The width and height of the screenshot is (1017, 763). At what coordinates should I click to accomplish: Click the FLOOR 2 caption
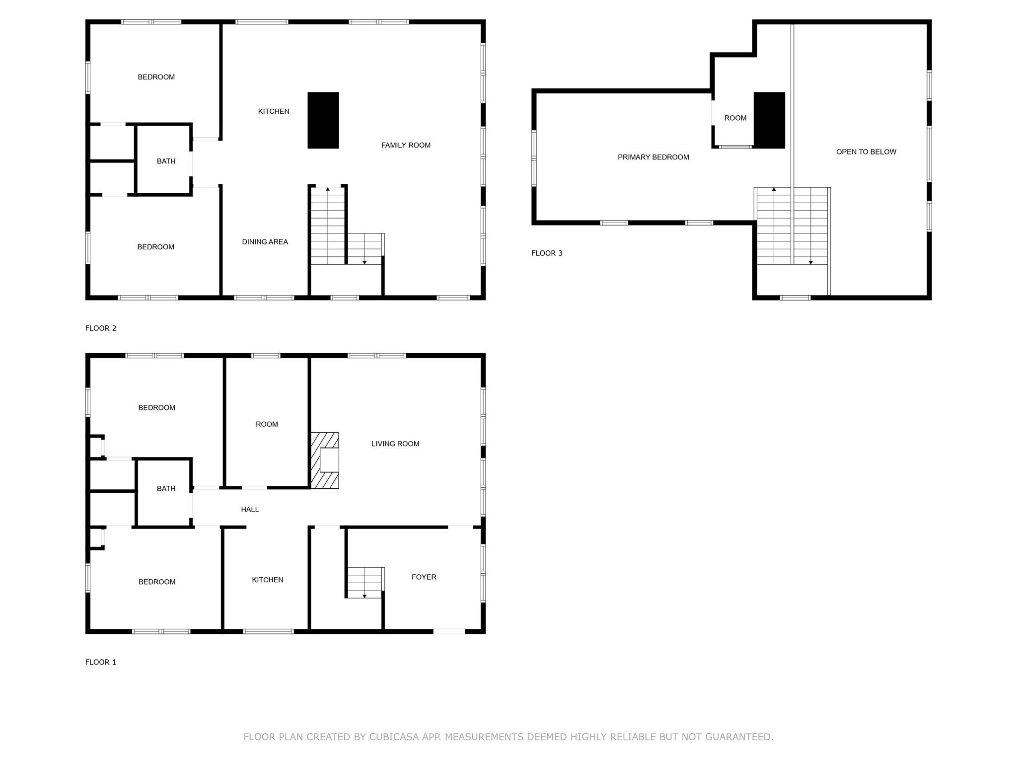101,328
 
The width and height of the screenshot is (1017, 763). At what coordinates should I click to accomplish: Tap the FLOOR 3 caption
547,253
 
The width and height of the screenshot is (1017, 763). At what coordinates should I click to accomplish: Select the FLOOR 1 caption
101,662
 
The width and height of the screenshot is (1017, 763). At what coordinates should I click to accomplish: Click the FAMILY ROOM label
406,145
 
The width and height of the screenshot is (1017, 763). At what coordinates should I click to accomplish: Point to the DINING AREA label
265,242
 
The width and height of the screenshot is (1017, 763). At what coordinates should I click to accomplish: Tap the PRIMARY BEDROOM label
653,157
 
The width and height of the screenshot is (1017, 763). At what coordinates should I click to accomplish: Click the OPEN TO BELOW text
866,152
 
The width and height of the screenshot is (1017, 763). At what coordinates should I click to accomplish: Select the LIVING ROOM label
395,444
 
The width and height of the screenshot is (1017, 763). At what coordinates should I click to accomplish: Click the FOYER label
424,577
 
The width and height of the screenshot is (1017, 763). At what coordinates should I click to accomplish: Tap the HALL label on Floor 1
250,509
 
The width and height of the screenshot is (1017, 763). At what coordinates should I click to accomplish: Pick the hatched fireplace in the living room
325,460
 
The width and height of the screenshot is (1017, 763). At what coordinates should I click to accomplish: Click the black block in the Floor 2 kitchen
323,120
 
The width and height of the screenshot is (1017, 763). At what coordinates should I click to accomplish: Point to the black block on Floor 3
769,120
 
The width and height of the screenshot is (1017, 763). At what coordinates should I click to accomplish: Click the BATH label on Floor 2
166,161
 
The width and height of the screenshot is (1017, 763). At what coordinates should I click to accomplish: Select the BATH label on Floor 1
166,488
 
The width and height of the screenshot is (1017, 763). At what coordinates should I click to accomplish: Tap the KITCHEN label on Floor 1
267,580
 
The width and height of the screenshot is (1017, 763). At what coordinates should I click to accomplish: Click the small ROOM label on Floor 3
735,118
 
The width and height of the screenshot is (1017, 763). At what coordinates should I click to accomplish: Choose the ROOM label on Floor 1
267,424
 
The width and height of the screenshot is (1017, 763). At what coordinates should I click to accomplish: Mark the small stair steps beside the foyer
365,582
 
